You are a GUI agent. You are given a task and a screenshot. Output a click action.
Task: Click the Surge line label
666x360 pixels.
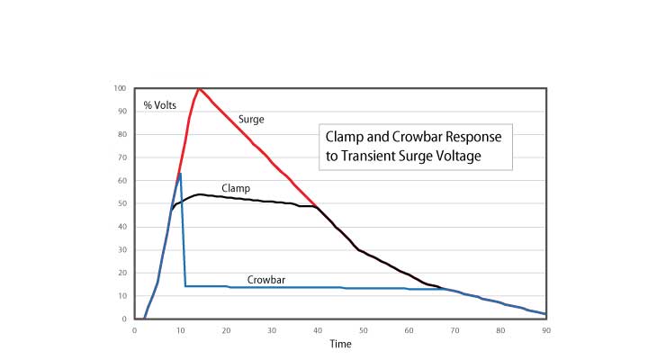point(251,120)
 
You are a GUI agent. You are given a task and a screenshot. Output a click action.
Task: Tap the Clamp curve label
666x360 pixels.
point(236,188)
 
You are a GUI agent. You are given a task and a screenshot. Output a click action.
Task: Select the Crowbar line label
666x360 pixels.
point(266,280)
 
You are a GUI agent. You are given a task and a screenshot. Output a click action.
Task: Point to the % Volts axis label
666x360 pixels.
point(159,105)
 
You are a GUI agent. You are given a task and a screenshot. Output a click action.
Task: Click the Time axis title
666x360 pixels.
point(340,344)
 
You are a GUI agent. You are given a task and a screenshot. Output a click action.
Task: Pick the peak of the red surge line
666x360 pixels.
point(198,88)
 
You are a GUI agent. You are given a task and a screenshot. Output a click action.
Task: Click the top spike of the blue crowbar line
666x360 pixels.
point(181,174)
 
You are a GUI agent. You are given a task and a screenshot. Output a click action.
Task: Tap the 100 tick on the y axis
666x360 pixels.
point(120,88)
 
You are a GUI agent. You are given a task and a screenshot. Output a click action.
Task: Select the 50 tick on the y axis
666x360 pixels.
point(122,203)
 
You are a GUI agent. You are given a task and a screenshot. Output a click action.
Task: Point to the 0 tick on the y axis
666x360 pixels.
point(124,319)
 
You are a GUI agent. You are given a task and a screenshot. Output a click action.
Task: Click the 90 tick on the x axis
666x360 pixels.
point(546,330)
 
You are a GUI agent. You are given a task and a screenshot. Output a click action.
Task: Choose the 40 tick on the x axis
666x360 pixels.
point(318,330)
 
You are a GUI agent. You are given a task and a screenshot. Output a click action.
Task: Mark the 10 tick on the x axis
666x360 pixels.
point(181,330)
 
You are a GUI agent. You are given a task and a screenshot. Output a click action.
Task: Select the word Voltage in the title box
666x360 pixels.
point(461,157)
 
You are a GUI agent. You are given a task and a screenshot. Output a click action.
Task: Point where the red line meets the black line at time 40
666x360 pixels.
point(317,206)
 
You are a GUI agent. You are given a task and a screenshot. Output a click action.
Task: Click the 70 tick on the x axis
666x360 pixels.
point(454,330)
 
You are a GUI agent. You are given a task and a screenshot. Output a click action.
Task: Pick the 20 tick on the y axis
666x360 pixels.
point(122,273)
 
